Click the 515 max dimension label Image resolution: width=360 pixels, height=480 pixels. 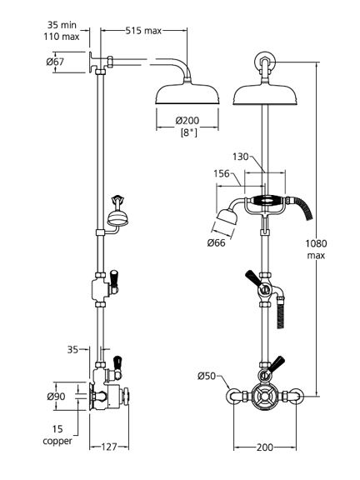pos(143,31)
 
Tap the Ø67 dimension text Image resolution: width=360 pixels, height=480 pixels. pos(55,62)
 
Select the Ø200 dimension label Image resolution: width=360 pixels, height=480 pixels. pos(187,120)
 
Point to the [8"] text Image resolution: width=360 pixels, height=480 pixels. pos(189,132)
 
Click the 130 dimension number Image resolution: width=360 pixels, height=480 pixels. pos(240,157)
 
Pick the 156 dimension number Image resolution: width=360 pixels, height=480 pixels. pos(222,173)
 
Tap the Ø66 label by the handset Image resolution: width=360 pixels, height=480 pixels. pos(216,243)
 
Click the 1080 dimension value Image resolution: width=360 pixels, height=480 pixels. pos(316,243)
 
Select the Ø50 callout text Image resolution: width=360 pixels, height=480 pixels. pos(207,376)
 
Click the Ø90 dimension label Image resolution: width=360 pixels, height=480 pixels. pos(56,397)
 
